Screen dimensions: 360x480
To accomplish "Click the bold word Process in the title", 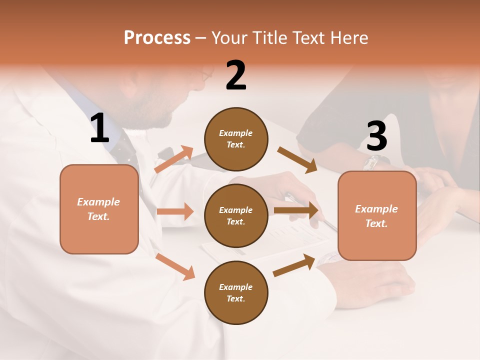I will tap(157, 37).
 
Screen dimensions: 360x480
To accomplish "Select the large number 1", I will tap(99, 128).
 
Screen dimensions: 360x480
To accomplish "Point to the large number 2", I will tap(236, 75).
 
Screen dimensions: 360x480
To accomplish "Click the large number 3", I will tap(376, 136).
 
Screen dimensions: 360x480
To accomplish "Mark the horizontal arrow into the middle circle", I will tap(175, 211).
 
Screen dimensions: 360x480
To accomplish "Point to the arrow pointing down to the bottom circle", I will tap(175, 266).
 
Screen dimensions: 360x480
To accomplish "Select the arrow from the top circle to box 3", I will tap(297, 160).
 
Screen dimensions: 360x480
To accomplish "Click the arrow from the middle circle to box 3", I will tap(296, 210).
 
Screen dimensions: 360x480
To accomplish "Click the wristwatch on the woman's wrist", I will tap(372, 161).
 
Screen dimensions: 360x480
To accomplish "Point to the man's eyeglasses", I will tap(205, 76).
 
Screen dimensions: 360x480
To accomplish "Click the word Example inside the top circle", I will tap(236, 133).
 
